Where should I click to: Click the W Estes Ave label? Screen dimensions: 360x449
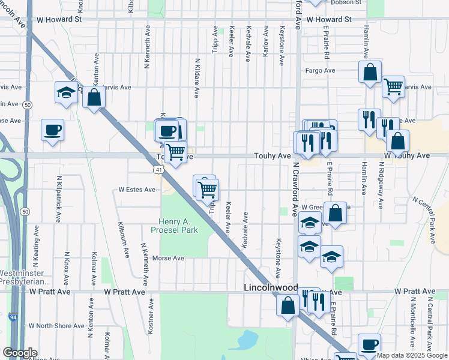click(137, 190)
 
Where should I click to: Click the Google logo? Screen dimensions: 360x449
click(20, 353)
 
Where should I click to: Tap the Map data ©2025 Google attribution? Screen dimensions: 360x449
click(412, 355)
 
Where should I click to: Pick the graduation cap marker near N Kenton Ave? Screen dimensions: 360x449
click(65, 92)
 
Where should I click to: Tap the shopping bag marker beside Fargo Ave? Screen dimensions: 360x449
click(370, 71)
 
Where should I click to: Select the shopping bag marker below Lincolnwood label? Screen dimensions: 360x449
click(288, 305)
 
